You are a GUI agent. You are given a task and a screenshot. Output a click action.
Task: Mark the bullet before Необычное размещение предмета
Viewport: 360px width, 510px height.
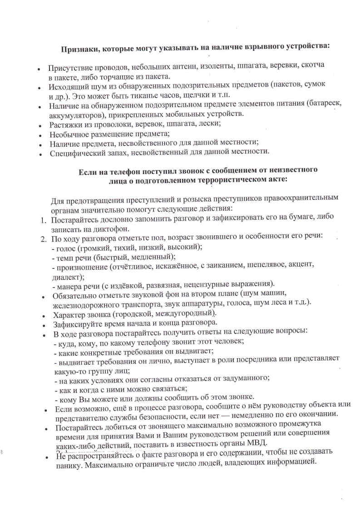41,134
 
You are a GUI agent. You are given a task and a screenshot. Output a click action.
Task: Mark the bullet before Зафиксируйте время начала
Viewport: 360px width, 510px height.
44,324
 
